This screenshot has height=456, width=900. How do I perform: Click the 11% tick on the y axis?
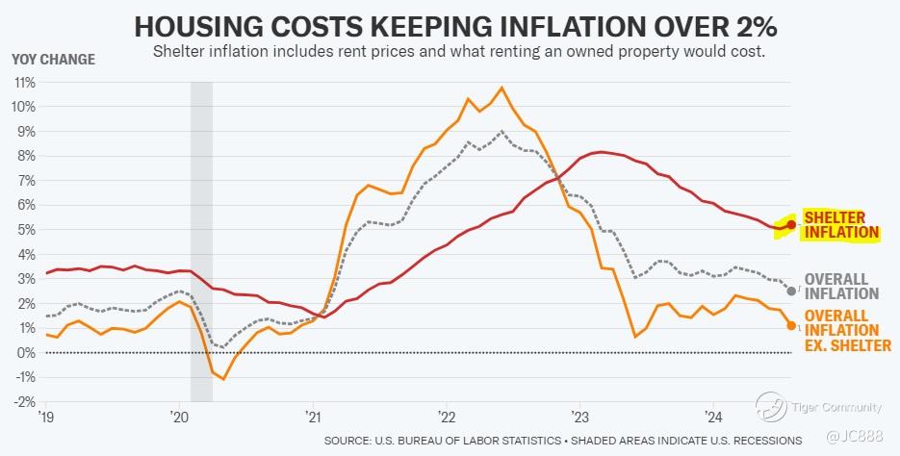click(x=23, y=82)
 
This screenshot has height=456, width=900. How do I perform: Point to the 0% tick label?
click(x=26, y=352)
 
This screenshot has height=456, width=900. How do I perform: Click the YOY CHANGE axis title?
click(x=53, y=60)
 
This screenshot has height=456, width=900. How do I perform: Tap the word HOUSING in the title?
click(x=203, y=25)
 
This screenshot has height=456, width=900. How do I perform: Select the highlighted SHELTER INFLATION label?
click(x=843, y=225)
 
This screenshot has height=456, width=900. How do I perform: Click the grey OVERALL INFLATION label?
click(x=843, y=286)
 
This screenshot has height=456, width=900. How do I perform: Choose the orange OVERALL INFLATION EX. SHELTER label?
click(x=846, y=330)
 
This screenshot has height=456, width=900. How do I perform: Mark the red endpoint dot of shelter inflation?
click(x=791, y=224)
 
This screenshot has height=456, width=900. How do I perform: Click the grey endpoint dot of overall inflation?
click(x=791, y=291)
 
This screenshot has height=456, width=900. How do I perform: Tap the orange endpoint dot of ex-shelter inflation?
click(x=791, y=325)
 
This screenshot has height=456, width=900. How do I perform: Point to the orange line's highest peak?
click(x=501, y=88)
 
